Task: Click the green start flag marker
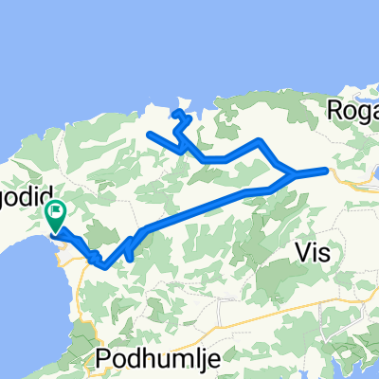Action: point(57,216)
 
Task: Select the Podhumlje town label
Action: point(148,358)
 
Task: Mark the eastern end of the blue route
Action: point(327,171)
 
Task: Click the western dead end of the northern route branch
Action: point(151,134)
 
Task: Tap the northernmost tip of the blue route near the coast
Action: point(176,112)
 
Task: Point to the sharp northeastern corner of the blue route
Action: point(260,141)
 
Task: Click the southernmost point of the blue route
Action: point(104,266)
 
